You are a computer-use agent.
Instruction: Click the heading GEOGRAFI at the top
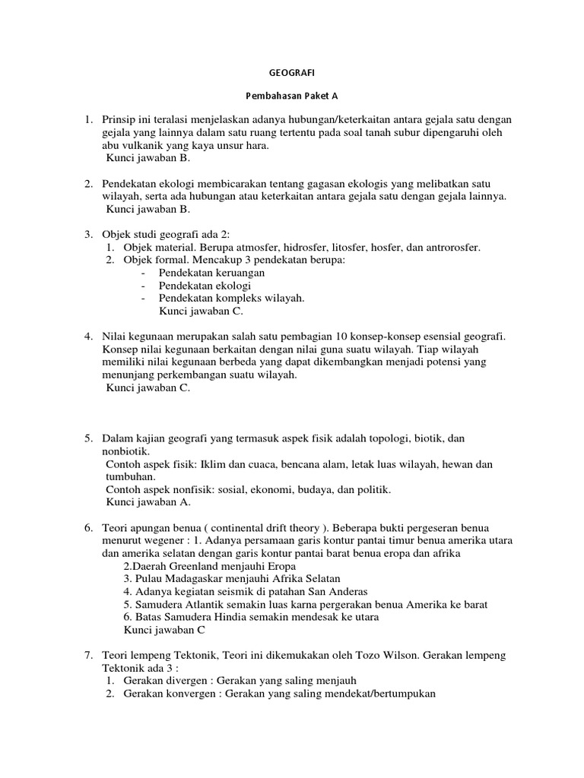291,74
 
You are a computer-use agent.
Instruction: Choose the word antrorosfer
451,248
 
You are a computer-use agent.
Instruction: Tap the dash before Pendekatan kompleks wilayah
144,298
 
